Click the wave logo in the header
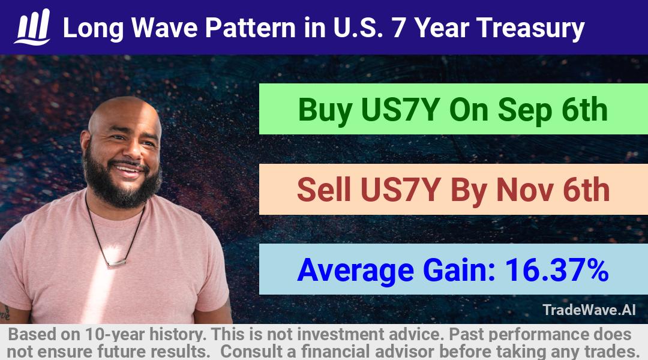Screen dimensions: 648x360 pos(32,26)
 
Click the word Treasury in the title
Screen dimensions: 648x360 pos(530,29)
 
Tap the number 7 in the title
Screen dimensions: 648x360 pos(399,28)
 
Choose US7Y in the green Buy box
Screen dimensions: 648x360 pos(400,110)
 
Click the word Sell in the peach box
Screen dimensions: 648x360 pos(324,190)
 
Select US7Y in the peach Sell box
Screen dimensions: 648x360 pos(399,190)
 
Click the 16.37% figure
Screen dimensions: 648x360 pos(557,270)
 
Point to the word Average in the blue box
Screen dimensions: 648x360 pos(355,271)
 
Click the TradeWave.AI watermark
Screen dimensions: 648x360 pos(589,310)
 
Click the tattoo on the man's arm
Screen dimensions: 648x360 pos(5,313)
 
